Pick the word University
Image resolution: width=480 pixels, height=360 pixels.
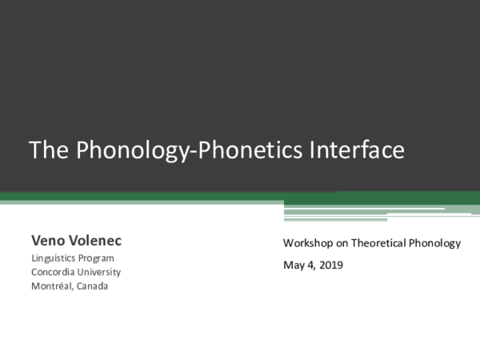pos(100,272)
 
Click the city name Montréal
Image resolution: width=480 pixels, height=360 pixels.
pos(52,286)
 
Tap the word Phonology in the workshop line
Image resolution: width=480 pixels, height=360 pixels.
pos(435,243)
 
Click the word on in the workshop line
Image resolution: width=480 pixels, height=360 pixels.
pos(342,243)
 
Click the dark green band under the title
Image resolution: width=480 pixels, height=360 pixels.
pos(160,196)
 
